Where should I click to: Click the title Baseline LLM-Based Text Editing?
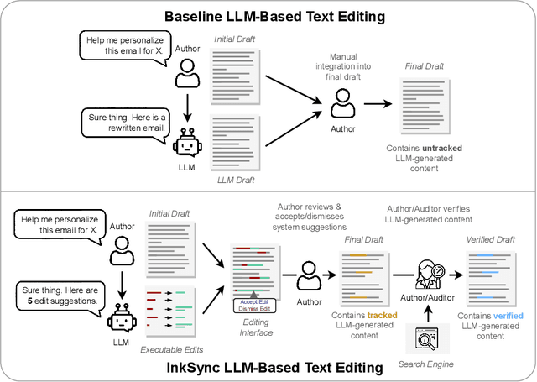tap(268, 16)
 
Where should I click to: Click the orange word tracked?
tap(383, 315)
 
